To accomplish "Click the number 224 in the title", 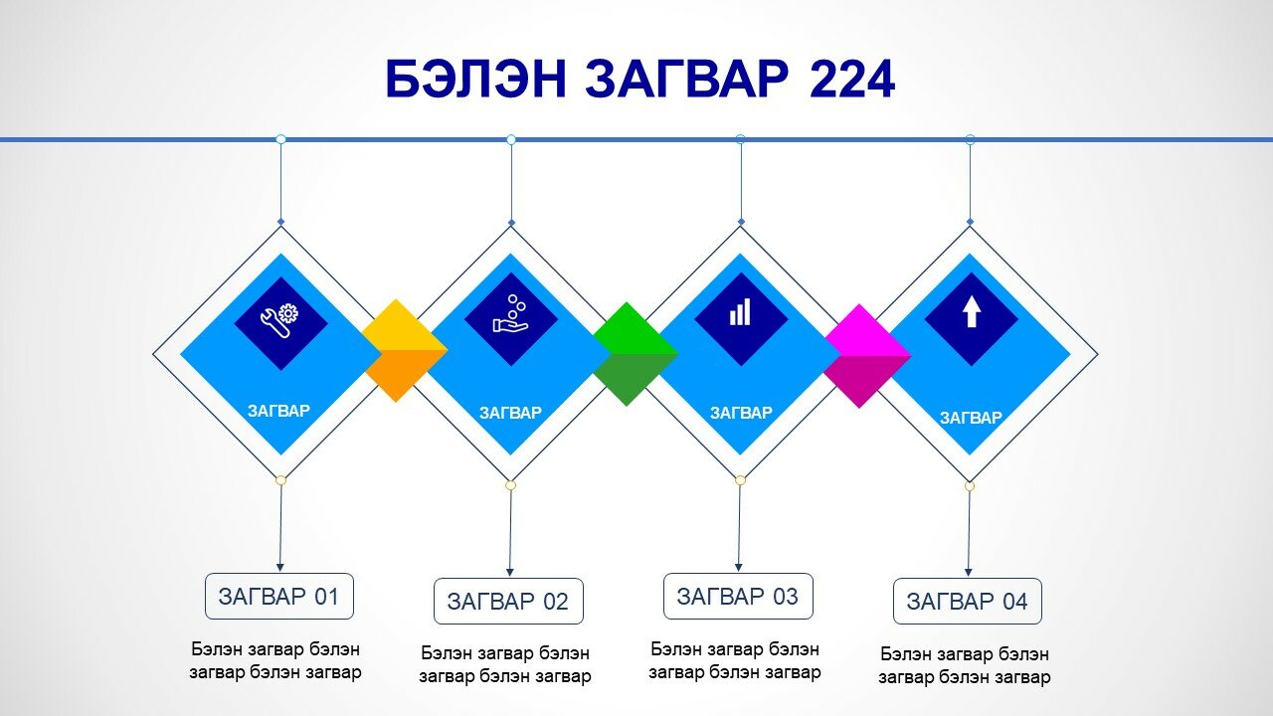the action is pos(852,80).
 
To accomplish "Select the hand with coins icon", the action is pos(510,313).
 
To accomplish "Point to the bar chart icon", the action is pos(740,312).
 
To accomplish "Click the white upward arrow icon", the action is pos(972,311).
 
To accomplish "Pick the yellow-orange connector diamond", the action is pos(405,351).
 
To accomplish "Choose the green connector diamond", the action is pos(635,354).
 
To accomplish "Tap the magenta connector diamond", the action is pos(868,356).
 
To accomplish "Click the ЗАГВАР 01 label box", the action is pos(279,596).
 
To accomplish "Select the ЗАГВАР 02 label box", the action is pos(508,602).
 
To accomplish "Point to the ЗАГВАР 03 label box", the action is pos(738,596).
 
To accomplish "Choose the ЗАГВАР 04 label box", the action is pos(968,602).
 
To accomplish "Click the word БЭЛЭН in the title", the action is pos(475,80).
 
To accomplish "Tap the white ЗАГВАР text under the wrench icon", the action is pos(279,411).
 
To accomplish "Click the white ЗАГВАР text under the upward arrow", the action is pos(971,418).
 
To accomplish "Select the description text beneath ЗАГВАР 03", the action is pos(735,660).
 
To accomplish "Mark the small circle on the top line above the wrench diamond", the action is pos(280,139).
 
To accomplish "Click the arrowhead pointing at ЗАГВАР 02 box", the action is pos(510,572).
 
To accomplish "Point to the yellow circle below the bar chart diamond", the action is pos(740,480).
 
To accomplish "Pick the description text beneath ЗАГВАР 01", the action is pos(275,660).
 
